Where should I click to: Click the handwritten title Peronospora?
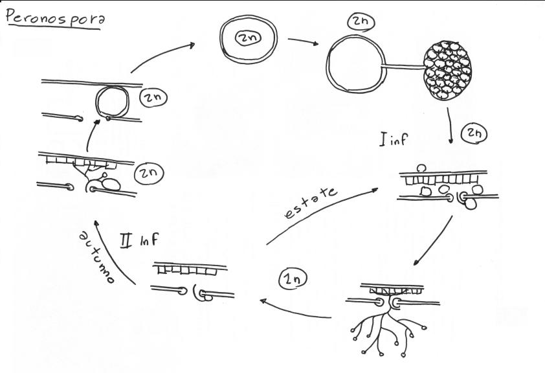click(56, 18)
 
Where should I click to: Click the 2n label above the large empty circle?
click(360, 21)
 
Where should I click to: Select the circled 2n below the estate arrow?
click(293, 280)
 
